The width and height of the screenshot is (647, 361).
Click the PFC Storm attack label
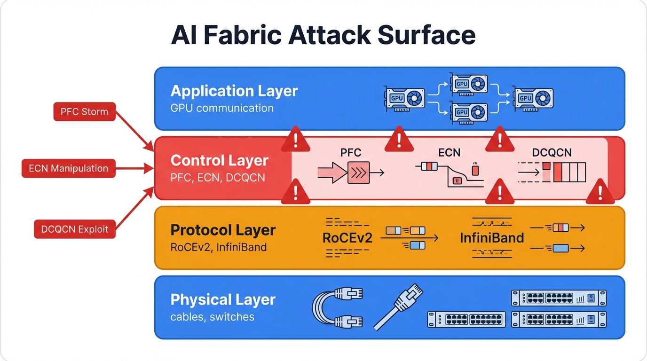point(84,112)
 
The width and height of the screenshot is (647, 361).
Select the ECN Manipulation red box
point(69,168)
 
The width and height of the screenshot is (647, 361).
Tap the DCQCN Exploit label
point(75,229)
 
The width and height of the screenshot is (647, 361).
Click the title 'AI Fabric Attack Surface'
point(323,36)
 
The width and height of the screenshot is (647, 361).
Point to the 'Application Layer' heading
point(234,91)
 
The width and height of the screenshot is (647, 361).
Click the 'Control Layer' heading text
point(219,160)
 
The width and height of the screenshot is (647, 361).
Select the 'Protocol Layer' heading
point(223,230)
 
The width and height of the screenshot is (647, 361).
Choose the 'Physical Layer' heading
point(223,299)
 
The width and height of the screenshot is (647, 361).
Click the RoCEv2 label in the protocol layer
point(347,237)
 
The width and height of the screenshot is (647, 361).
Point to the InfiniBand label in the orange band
point(492,237)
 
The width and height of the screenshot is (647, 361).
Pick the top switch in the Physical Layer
point(559,298)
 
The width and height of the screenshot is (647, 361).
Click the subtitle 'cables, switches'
point(212,316)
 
